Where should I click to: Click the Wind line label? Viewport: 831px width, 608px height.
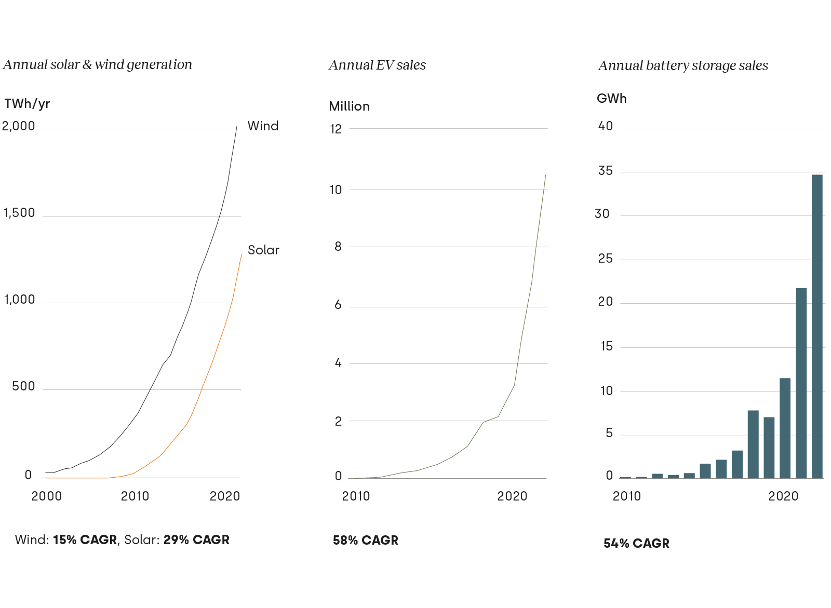263,126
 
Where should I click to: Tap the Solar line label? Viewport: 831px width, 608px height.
263,250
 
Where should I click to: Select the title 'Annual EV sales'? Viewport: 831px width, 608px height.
377,65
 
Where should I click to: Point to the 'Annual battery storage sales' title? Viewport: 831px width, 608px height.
683,65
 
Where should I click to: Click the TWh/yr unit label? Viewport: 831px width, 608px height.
27,104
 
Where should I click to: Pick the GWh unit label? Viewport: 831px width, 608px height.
611,99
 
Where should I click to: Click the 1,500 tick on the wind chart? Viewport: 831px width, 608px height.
19,213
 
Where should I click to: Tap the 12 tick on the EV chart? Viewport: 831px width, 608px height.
336,129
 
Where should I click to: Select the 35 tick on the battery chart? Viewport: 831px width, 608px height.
605,171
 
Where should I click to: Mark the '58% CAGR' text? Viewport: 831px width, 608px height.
366,541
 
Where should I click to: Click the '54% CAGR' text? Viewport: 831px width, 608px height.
636,544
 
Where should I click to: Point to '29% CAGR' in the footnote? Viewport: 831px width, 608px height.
196,540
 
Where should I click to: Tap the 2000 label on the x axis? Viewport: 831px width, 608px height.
46,496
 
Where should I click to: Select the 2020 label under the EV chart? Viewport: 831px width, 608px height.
512,496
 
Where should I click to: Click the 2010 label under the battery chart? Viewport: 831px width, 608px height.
627,496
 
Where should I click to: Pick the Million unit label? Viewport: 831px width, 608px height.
349,106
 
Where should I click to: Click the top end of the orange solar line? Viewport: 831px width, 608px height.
242,254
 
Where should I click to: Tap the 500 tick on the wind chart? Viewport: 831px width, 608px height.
23,386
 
